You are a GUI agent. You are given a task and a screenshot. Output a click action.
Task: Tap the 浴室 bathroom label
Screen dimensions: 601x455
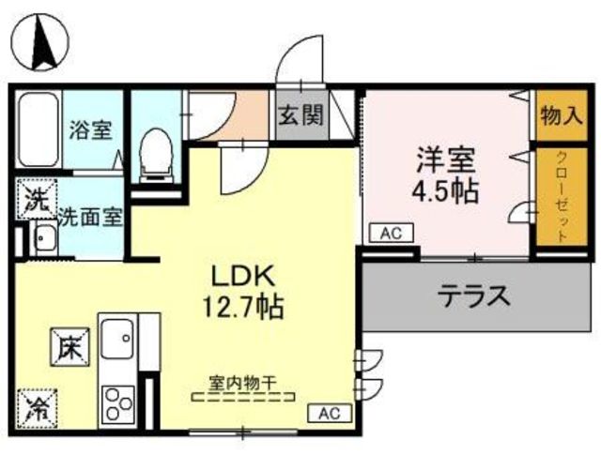click(90, 129)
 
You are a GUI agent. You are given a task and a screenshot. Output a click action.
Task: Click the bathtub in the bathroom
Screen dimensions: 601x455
click(38, 129)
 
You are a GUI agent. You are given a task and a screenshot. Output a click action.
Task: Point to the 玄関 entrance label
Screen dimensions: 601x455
click(301, 114)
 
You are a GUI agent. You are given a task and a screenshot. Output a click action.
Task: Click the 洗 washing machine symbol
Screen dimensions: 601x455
click(37, 199)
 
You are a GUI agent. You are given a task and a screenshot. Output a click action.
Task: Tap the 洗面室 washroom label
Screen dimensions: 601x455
click(90, 218)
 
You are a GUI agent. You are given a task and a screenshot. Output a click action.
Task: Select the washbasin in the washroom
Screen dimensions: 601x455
click(46, 238)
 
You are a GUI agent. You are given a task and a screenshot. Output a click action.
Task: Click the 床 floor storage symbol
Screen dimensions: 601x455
click(69, 347)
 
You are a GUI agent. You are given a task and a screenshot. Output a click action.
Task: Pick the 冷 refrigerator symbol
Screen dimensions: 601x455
click(38, 409)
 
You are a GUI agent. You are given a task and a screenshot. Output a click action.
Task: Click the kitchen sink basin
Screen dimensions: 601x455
click(117, 338)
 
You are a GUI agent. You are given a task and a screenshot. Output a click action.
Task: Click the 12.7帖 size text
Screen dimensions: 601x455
click(243, 307)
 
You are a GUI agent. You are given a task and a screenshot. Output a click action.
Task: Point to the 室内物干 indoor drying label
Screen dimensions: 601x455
click(243, 383)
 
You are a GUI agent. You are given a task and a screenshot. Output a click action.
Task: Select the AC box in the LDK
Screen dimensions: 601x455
click(330, 414)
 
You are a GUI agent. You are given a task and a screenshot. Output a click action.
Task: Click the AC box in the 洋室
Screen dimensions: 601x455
click(391, 233)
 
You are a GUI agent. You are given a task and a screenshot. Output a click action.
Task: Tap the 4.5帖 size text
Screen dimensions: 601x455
click(445, 190)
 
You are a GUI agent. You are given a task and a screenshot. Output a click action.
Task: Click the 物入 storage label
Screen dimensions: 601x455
click(562, 115)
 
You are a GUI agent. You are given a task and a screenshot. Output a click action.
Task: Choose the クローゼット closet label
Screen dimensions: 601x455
click(562, 196)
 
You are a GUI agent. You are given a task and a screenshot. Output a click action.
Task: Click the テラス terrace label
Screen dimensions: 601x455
click(474, 296)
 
